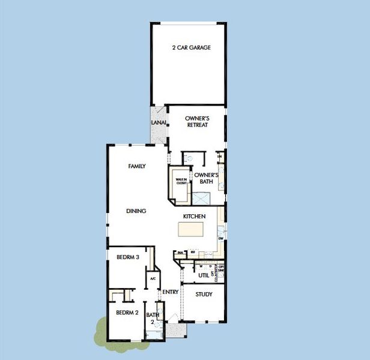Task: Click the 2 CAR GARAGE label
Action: tap(191, 47)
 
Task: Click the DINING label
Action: tap(136, 211)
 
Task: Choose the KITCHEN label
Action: tap(195, 216)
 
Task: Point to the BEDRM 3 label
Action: tap(128, 257)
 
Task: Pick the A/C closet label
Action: tap(153, 279)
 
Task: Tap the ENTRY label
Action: tap(171, 292)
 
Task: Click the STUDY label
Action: tap(204, 295)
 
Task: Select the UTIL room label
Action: tap(203, 275)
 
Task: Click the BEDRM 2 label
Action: tap(127, 313)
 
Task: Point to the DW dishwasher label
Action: tap(221, 238)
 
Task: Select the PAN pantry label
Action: tap(180, 253)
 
